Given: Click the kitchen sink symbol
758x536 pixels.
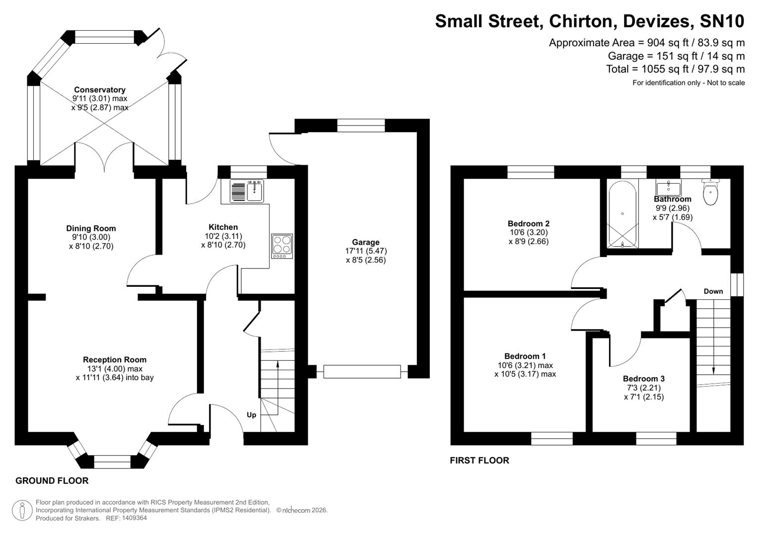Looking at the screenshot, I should click(x=247, y=191).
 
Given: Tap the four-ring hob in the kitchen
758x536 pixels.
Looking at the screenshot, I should click(x=282, y=246).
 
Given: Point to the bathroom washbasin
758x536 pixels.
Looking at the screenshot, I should click(x=668, y=188).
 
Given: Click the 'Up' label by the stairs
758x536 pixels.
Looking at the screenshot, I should click(x=252, y=415).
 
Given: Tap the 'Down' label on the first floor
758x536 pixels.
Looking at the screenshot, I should click(x=713, y=291).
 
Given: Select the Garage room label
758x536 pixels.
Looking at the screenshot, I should click(x=366, y=242).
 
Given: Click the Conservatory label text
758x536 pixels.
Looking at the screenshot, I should click(x=99, y=90).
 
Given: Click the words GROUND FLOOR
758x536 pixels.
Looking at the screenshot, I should click(x=52, y=480).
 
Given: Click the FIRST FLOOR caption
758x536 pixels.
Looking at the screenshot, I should click(x=479, y=460).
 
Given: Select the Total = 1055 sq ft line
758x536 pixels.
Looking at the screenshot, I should click(x=675, y=69).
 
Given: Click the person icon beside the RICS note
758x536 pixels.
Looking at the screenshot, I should click(x=22, y=510).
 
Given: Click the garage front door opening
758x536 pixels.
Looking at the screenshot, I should click(x=361, y=372).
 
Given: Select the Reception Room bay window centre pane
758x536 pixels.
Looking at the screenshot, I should click(x=112, y=462).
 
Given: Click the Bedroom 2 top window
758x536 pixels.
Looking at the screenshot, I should click(x=530, y=172).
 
